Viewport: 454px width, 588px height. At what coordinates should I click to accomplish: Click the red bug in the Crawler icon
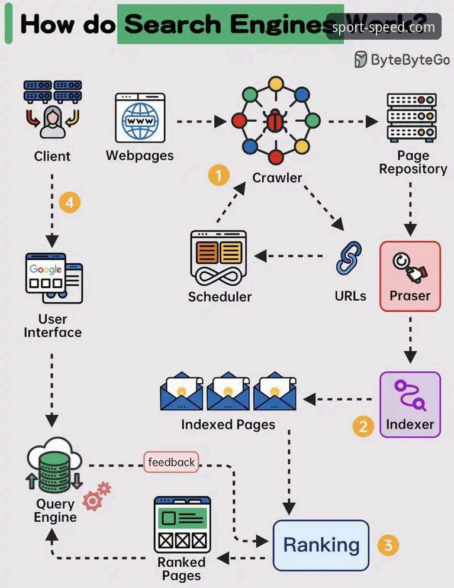pos(276,121)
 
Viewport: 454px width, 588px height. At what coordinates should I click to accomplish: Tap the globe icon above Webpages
pos(140,121)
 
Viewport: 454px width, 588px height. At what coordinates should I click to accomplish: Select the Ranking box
pos(321,545)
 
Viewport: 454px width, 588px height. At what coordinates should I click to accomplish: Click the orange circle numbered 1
pos(219,175)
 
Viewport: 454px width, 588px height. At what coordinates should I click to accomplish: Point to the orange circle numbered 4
pos(70,202)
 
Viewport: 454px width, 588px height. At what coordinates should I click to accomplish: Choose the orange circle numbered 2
pos(363,426)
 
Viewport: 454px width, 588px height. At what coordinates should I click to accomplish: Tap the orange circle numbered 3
pos(388,545)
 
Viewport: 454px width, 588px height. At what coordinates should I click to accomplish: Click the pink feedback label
pos(171,462)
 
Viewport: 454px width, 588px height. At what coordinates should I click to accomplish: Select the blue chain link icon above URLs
pos(349,258)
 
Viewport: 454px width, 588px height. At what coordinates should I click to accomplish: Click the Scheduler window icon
pos(219,259)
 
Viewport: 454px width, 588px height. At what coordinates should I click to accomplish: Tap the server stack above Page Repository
pos(411,117)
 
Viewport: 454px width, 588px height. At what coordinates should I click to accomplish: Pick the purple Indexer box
pos(410,405)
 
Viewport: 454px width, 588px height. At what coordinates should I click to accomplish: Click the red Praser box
pos(410,276)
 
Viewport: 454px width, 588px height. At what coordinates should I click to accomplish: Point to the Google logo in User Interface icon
pos(46,269)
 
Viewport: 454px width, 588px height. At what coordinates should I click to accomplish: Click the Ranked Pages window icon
pos(182,525)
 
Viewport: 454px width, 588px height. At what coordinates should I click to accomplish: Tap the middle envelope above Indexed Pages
pos(228,391)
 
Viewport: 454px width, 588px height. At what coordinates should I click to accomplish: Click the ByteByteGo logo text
pos(410,60)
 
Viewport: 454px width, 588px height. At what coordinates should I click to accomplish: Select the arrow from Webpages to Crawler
pos(201,121)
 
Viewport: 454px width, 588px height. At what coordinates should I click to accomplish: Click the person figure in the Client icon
pos(53,122)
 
